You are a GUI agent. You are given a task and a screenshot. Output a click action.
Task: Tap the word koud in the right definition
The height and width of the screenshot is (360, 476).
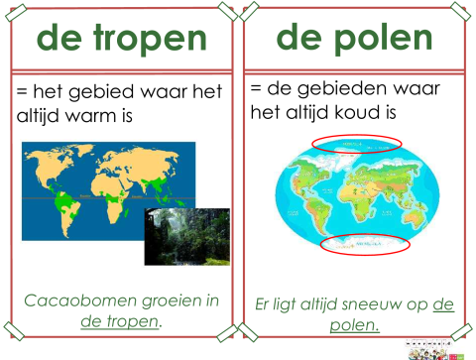(x=370, y=111)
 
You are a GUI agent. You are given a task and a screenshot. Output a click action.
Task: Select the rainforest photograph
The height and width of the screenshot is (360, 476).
(x=186, y=236)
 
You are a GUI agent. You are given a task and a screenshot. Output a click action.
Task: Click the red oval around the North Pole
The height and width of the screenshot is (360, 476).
(x=356, y=144)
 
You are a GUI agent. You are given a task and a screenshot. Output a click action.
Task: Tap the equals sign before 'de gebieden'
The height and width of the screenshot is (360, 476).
(x=258, y=86)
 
